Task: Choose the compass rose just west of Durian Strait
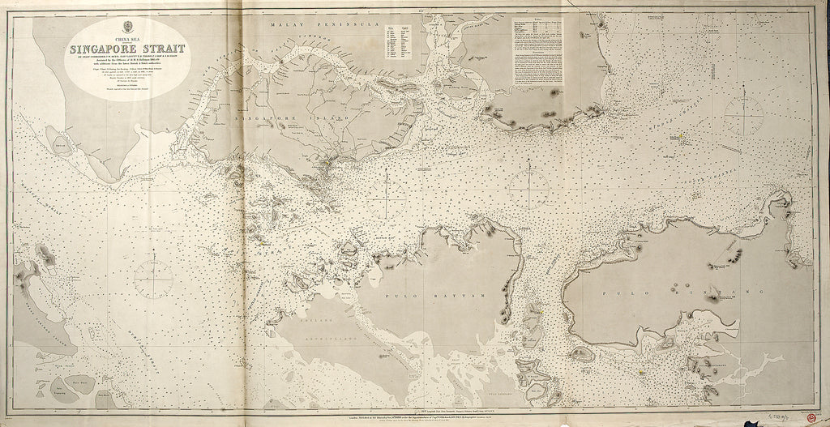point(153,279)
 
